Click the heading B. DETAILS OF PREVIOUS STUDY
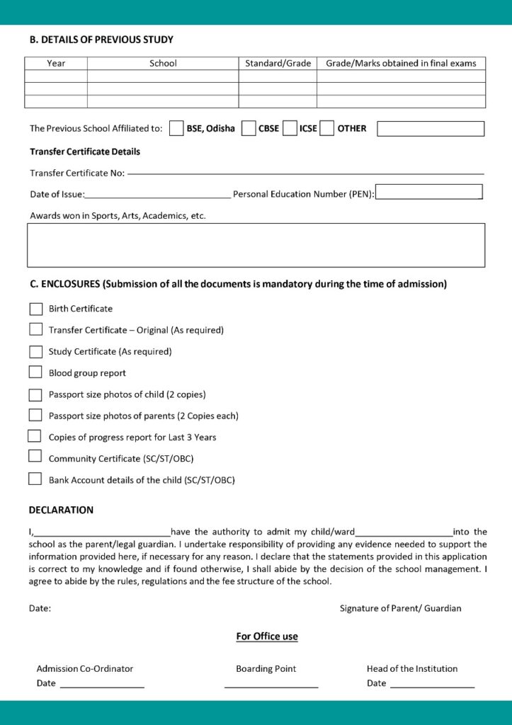click(x=101, y=40)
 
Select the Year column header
click(x=56, y=64)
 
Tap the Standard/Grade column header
click(x=278, y=64)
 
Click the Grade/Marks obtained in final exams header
click(x=401, y=64)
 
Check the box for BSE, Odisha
click(x=176, y=129)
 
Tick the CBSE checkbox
click(x=249, y=129)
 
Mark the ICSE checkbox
click(x=290, y=129)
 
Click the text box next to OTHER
click(x=431, y=129)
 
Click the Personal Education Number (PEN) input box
click(x=428, y=193)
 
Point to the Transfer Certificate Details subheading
click(x=85, y=152)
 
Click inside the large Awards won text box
click(x=256, y=245)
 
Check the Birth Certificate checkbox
click(x=35, y=309)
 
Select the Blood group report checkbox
click(x=35, y=372)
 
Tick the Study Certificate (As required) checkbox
click(x=35, y=351)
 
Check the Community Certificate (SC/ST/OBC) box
click(x=35, y=457)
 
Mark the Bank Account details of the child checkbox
click(x=35, y=479)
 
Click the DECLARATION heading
click(x=61, y=510)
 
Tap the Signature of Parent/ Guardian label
click(x=400, y=608)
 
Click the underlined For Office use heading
click(x=267, y=636)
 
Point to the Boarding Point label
click(x=266, y=668)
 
